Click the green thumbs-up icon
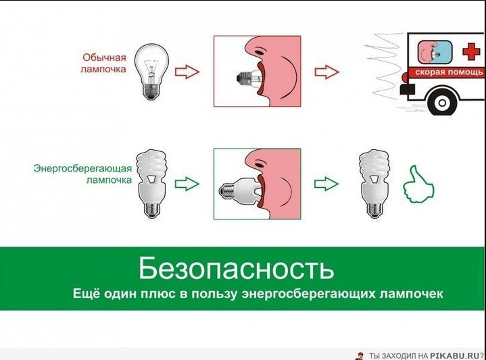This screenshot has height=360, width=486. [x=418, y=185]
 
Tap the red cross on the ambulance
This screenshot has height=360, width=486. [x=471, y=52]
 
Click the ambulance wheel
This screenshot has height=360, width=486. [x=443, y=103]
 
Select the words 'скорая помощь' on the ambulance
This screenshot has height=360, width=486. [x=449, y=72]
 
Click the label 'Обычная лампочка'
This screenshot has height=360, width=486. [x=103, y=63]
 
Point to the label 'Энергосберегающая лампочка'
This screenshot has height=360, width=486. [x=82, y=174]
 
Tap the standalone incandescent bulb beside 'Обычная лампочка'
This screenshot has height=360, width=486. [x=151, y=71]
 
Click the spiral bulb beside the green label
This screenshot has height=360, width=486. [x=152, y=184]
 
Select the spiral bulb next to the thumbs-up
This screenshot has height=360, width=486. [x=374, y=184]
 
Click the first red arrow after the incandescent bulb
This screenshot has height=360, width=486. [x=187, y=72]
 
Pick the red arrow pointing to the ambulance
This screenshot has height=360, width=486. [x=327, y=72]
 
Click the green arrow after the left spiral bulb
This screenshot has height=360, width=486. [x=187, y=184]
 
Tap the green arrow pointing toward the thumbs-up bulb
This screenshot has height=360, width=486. [x=326, y=184]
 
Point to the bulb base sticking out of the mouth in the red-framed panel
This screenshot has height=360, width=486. [x=243, y=78]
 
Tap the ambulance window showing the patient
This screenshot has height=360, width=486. [x=435, y=51]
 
